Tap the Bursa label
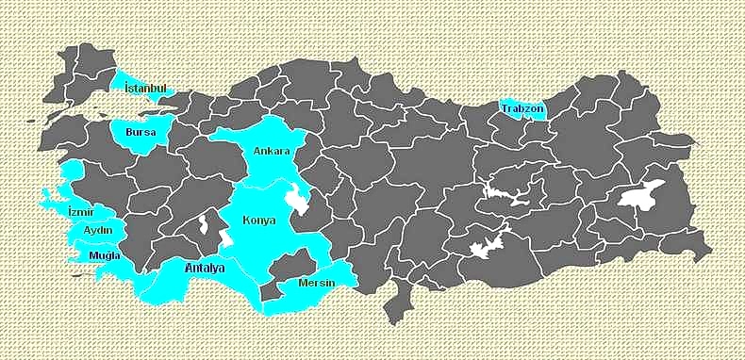coord(141,133)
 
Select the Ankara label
coord(272,151)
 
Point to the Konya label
coord(259,221)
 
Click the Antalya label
coord(205,270)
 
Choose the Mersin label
coord(317,282)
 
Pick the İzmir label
coord(81,212)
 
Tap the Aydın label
coord(98,231)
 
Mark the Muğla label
coord(104,255)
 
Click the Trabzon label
coord(522,109)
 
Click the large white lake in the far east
coord(641,196)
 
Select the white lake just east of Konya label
coord(299,200)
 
